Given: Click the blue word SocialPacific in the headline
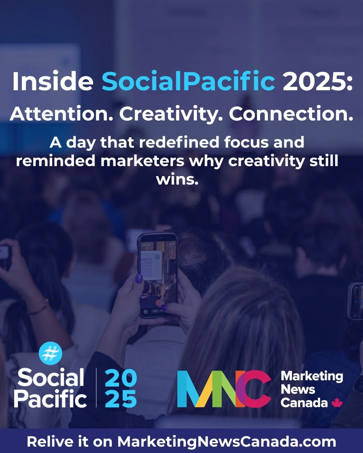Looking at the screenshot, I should coord(188,82).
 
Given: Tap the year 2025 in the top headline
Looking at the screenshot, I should coord(318,82).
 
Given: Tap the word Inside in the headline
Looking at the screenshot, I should coord(53,82).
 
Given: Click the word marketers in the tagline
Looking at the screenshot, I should coord(143,161).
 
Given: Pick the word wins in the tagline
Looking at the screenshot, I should coord(177,179).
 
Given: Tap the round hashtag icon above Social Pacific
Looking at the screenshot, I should coord(50,353).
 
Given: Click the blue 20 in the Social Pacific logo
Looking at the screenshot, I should coord(121,378).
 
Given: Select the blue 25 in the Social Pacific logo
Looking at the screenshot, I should coord(121,399).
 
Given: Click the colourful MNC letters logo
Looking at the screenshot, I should coord(224,389).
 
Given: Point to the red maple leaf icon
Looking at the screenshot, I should coord(336,402).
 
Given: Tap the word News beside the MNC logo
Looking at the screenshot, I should coord(297,389).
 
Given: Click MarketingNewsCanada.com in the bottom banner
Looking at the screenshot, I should coord(227,442).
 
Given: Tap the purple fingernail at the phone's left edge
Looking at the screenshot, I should coord(138,279).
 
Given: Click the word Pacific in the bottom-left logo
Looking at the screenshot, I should coord(50,399).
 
